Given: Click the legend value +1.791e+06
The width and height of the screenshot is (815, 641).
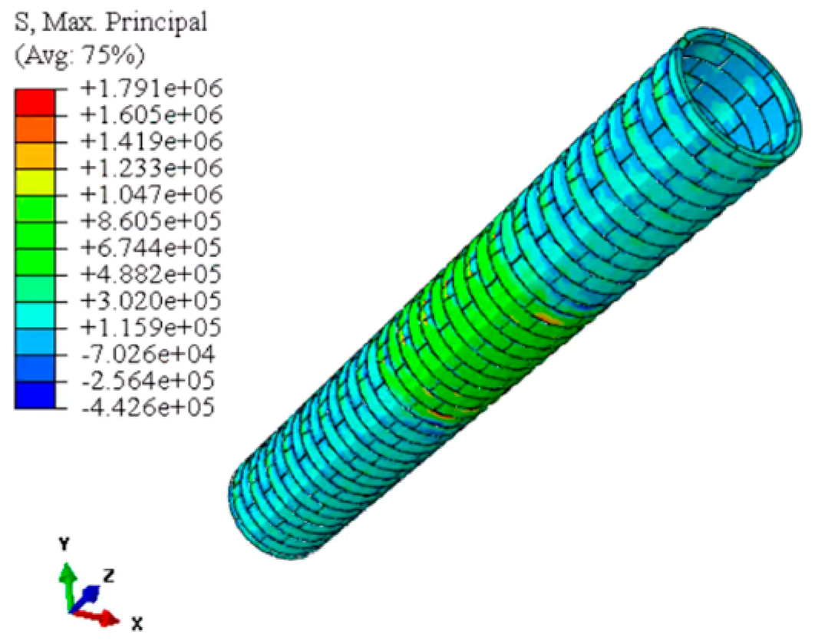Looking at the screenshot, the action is [151, 88].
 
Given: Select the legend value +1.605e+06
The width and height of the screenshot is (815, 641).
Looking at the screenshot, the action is [151, 114].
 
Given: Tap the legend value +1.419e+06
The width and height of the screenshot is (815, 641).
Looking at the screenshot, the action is [151, 141].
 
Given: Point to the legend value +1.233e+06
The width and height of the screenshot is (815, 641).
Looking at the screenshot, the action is [151, 168].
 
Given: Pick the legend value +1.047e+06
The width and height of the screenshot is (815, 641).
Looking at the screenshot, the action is [151, 194].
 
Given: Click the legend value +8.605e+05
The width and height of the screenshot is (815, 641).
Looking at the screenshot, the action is [151, 221].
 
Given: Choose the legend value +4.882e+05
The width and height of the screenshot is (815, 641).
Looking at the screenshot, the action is [151, 275].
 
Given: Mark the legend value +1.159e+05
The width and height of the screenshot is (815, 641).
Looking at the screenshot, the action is [151, 328].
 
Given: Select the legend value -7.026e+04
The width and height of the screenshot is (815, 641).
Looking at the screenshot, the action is [148, 355].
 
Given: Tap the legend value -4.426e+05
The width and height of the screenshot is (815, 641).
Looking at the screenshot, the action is [148, 407].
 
